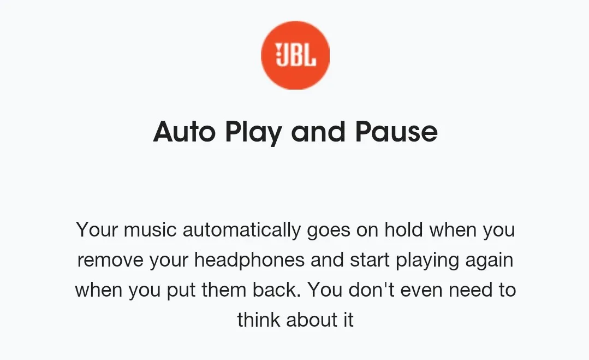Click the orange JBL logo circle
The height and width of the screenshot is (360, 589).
tap(295, 55)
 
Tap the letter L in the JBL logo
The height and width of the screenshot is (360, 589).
tap(310, 55)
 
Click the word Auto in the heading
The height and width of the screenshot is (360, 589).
tap(185, 132)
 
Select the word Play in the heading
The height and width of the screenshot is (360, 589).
tap(253, 133)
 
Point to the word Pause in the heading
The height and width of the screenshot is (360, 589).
tap(396, 132)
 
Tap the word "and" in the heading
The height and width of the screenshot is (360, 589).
tap(318, 132)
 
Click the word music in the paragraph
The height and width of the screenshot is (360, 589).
tap(150, 229)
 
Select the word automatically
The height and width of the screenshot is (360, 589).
tap(241, 230)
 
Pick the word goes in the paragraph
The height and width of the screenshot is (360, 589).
tap(329, 231)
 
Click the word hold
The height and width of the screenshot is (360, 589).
tap(403, 229)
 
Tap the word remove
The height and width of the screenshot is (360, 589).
tap(110, 260)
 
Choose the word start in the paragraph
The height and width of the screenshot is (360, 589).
tap(370, 260)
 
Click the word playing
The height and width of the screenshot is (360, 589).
tap(427, 261)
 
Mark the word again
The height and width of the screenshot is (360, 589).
tap(489, 261)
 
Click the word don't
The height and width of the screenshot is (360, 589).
tap(372, 290)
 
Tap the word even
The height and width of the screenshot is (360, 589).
tap(421, 290)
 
